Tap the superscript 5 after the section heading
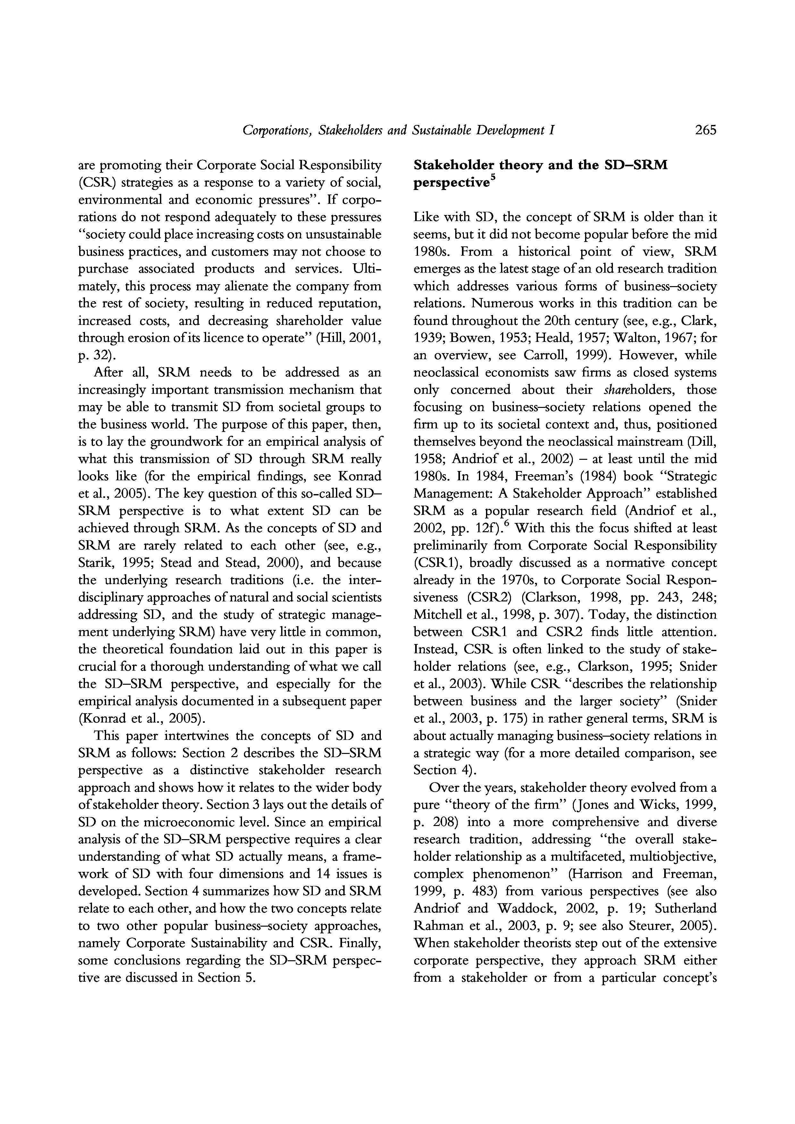coord(493,179)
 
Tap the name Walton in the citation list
coord(632,338)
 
